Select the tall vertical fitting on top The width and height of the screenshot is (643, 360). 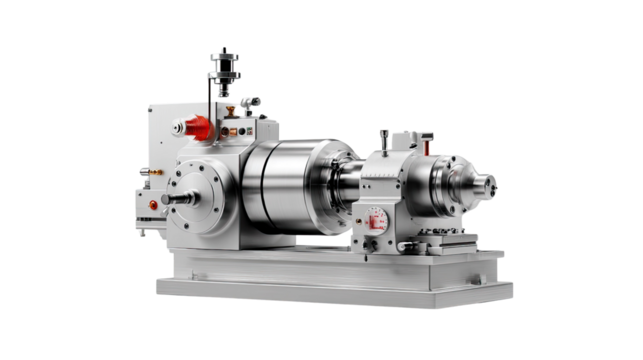[224, 74]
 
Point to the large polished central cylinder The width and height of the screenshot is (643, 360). [285, 191]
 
